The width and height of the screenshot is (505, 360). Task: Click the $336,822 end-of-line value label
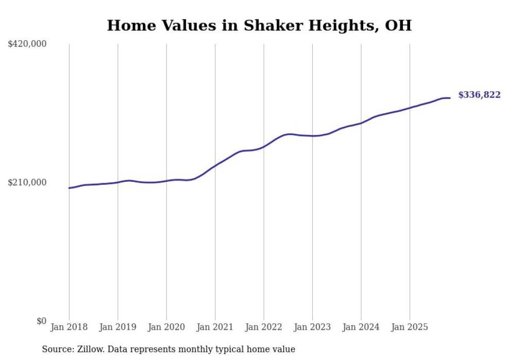(479, 95)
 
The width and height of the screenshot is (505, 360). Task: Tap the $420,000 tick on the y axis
(27, 44)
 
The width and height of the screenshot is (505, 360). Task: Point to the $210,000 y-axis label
(27, 182)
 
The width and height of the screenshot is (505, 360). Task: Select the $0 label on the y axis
(41, 321)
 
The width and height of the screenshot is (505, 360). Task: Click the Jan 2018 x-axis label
(69, 327)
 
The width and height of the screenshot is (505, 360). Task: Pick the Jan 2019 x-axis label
(117, 327)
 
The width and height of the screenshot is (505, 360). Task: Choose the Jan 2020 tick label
(166, 327)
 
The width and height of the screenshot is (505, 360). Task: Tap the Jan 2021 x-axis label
(215, 327)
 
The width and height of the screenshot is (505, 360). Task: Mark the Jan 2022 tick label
(264, 327)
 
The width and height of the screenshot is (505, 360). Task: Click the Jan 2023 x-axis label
(312, 327)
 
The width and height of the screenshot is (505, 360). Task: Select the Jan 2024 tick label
(361, 327)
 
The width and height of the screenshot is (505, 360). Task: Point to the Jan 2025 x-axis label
(410, 327)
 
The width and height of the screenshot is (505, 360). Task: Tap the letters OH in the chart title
(399, 25)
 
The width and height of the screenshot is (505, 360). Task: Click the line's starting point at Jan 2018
(69, 188)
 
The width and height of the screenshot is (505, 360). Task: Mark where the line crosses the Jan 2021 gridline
(215, 165)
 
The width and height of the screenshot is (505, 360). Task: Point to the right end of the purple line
(450, 98)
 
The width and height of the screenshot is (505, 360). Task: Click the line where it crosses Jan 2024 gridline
(361, 123)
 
